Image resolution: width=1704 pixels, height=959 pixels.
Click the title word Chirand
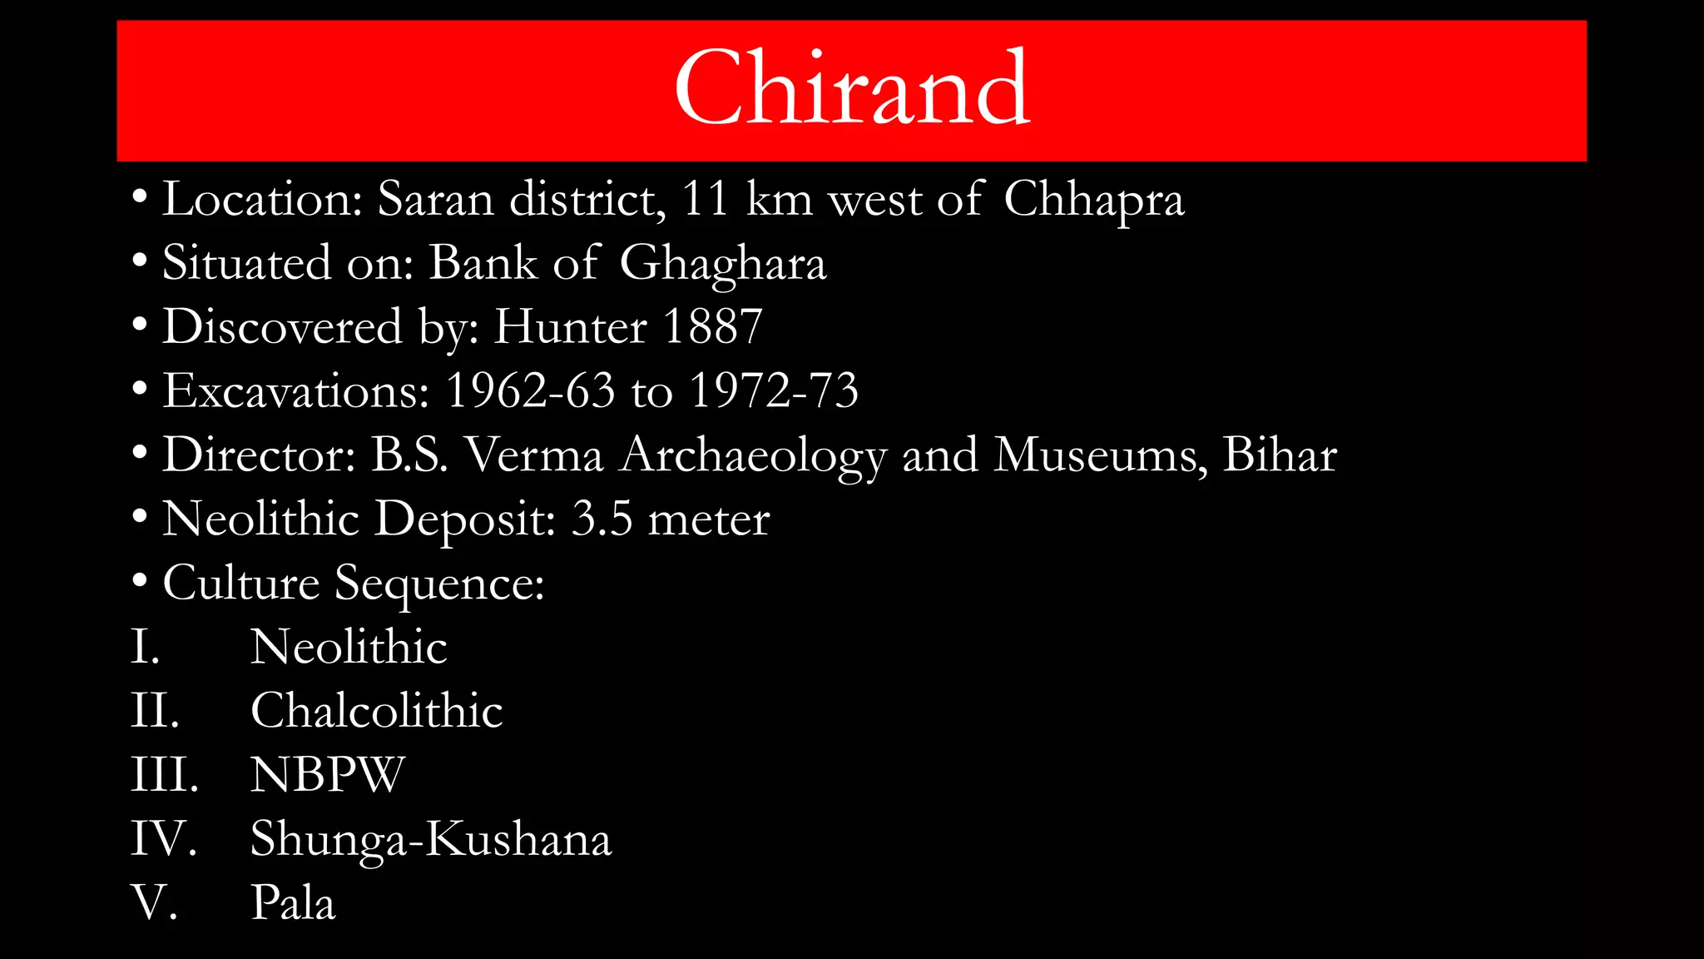[x=852, y=88]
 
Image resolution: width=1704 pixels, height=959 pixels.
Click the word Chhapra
[x=1093, y=201]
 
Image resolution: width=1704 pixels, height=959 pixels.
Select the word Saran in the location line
[x=435, y=201]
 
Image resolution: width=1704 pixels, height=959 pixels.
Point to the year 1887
[x=712, y=327]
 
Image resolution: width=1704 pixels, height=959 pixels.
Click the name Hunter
[x=570, y=327]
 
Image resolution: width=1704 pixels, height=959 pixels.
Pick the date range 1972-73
[x=774, y=390]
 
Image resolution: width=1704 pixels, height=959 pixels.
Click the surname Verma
[x=533, y=455]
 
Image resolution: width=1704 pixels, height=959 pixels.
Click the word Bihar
[x=1279, y=455]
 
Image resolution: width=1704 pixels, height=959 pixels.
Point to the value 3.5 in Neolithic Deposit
[x=602, y=519]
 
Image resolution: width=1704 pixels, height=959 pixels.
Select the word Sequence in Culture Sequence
[x=439, y=584]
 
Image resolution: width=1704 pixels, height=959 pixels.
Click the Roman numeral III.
[x=164, y=775]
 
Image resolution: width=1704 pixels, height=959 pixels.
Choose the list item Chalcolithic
[x=376, y=711]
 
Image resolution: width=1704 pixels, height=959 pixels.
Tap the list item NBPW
[x=327, y=775]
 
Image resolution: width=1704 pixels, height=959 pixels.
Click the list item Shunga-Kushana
[x=430, y=839]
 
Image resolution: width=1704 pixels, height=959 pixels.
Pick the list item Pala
[x=293, y=903]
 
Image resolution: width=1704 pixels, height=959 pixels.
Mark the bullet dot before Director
[x=140, y=454]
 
